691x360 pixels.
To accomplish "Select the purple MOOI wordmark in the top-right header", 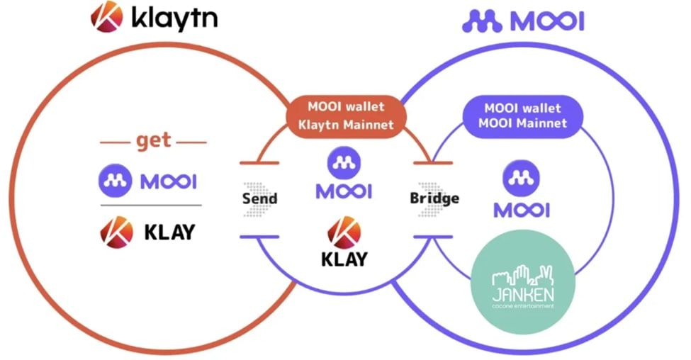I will [546, 21].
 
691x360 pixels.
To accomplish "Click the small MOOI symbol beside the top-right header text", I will [483, 21].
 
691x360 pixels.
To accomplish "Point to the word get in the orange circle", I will [153, 140].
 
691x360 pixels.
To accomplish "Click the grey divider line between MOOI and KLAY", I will [150, 206].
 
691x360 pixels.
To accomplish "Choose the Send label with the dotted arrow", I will [259, 198].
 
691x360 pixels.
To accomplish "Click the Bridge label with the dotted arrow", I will [433, 198].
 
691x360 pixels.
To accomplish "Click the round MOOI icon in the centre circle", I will [344, 163].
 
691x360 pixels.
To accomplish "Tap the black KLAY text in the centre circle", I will [344, 259].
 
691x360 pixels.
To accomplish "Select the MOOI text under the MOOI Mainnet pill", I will [522, 210].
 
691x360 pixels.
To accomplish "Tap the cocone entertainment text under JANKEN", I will [523, 306].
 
